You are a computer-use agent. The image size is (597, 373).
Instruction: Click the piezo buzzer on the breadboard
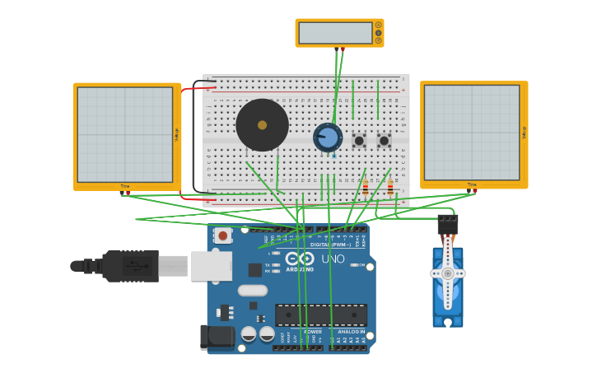262,125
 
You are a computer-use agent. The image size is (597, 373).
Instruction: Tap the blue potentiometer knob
328,138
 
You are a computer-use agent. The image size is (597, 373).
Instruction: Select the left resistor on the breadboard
366,189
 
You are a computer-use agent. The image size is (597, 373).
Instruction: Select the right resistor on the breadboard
390,189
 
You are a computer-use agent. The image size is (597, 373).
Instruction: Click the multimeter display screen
335,33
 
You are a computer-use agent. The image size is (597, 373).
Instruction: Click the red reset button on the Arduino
222,235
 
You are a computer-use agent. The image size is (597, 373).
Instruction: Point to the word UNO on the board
333,259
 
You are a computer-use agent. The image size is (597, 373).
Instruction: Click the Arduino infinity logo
300,259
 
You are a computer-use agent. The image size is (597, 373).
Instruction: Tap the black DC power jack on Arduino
217,336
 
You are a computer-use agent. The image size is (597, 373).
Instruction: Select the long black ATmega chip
321,315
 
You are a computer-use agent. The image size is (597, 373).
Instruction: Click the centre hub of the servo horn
447,273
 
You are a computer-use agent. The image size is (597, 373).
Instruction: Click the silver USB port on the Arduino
211,266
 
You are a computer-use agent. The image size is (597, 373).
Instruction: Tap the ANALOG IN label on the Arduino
351,332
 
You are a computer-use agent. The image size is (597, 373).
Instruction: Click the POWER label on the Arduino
312,332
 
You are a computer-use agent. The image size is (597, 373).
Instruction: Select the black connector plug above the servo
447,224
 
